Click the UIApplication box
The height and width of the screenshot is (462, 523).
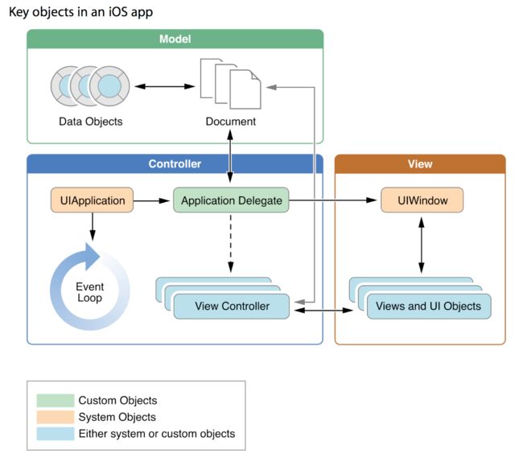[x=92, y=200]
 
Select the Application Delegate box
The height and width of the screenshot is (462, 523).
[x=231, y=200]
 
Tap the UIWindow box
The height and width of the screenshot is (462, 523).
[x=422, y=200]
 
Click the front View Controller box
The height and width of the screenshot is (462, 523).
[x=232, y=306]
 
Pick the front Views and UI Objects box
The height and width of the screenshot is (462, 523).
[x=429, y=306]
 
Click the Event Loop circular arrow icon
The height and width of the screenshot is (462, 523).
[x=56, y=287]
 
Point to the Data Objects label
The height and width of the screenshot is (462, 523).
[x=91, y=122]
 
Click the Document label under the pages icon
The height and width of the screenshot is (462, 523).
[x=231, y=122]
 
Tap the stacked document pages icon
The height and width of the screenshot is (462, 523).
[x=230, y=84]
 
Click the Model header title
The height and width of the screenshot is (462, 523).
[x=175, y=39]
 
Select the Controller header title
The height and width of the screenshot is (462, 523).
[x=175, y=163]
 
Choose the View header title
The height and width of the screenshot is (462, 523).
[x=420, y=163]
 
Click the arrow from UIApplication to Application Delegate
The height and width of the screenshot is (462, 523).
[x=152, y=200]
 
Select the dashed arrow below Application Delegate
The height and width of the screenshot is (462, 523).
[x=231, y=244]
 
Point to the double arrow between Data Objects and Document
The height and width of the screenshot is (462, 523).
[x=165, y=86]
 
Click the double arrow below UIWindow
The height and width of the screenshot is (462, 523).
[x=422, y=245]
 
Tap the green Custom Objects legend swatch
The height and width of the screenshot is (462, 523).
[x=56, y=400]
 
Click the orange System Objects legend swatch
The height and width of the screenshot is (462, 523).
[x=56, y=417]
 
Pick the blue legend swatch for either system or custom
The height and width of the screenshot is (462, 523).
[x=56, y=434]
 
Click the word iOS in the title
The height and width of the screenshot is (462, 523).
[x=117, y=12]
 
